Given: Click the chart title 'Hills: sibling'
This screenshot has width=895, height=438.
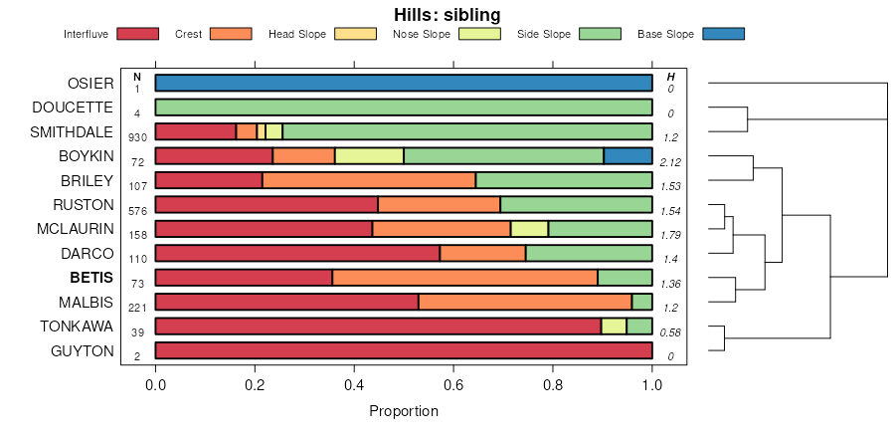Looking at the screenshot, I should coord(447,15).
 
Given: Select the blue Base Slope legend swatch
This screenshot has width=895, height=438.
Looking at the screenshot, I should coord(723,34).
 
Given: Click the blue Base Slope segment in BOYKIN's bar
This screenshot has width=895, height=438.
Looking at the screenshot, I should coord(627,156).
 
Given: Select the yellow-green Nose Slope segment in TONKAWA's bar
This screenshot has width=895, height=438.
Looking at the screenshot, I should coord(614,327).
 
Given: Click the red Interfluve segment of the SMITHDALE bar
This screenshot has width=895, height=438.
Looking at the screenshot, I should coord(196,131).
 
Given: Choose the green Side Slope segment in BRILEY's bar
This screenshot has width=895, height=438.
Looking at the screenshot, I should coord(563,180).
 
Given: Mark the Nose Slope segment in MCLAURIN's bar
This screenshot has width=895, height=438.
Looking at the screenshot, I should coord(529,229).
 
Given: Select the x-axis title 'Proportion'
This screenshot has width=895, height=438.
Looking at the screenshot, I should coord(403,411).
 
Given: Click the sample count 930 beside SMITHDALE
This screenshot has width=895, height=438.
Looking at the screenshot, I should coord(137,137).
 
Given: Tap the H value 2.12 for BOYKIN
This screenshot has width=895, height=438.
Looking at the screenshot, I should coord(670,161).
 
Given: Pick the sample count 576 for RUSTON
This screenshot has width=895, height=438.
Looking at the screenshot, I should coord(137,210).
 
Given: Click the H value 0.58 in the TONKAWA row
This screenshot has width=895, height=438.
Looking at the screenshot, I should coord(670,332).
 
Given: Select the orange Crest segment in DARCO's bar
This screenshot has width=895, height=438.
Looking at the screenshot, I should coord(482,253).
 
